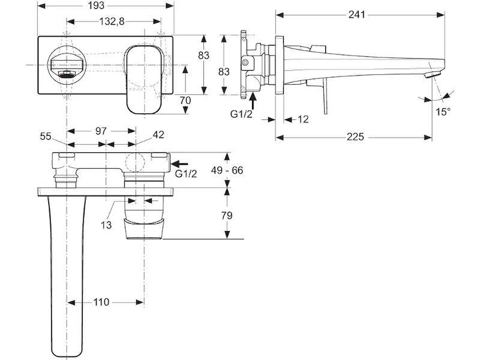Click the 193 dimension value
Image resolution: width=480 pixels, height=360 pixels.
pyautogui.click(x=97, y=5)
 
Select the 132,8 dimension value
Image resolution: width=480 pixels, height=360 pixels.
pyautogui.click(x=112, y=22)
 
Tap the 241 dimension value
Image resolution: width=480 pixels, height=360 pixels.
pyautogui.click(x=357, y=14)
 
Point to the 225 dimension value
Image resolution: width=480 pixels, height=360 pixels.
pyautogui.click(x=355, y=137)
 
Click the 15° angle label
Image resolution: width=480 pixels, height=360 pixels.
pyautogui.click(x=443, y=112)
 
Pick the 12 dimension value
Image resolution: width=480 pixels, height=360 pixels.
pyautogui.click(x=303, y=119)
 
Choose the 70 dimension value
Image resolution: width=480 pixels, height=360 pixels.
pyautogui.click(x=185, y=100)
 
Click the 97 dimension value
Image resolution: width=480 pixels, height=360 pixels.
pyautogui.click(x=101, y=131)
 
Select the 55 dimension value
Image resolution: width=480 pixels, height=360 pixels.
pyautogui.click(x=46, y=136)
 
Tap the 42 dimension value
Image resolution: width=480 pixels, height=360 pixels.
pyautogui.click(x=158, y=134)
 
